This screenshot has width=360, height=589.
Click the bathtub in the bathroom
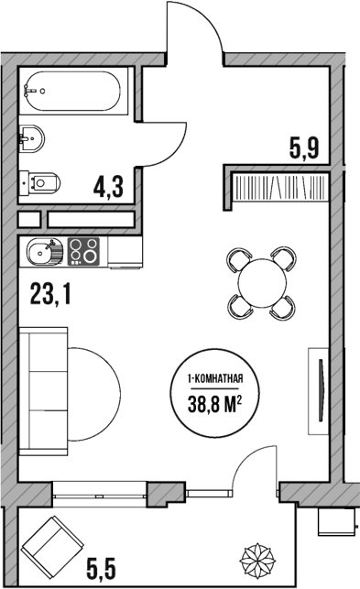(x=72, y=90)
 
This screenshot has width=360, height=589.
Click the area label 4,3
(x=107, y=187)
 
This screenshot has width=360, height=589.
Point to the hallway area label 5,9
(x=303, y=147)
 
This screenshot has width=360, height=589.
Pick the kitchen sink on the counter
(x=42, y=250)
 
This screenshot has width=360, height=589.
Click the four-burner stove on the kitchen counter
(x=85, y=249)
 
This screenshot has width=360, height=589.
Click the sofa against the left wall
(x=43, y=394)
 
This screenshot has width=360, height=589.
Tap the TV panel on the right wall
(x=320, y=390)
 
